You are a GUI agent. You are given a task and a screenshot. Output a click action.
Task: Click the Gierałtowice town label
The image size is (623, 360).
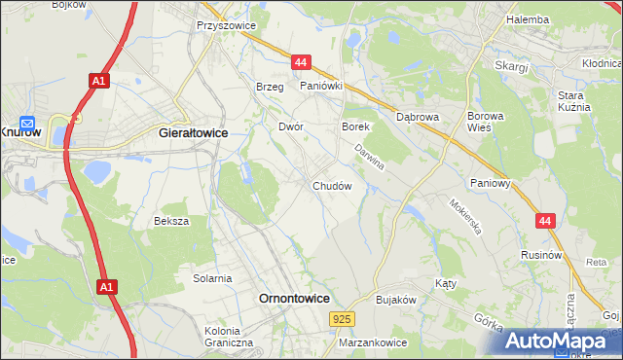192,136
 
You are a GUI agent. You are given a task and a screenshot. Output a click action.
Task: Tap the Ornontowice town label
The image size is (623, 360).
293,299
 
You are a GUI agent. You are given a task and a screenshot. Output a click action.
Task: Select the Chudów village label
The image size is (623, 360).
331,185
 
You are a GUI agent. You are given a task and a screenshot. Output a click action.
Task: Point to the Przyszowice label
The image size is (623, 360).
224,26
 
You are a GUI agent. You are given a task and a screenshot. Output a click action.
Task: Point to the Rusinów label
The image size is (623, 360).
543,255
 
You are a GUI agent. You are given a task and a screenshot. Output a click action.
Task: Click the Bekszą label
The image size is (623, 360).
171,221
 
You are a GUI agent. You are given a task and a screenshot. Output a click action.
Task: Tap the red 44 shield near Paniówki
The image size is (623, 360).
300,62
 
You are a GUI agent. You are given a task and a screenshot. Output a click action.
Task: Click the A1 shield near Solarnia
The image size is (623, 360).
105,287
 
